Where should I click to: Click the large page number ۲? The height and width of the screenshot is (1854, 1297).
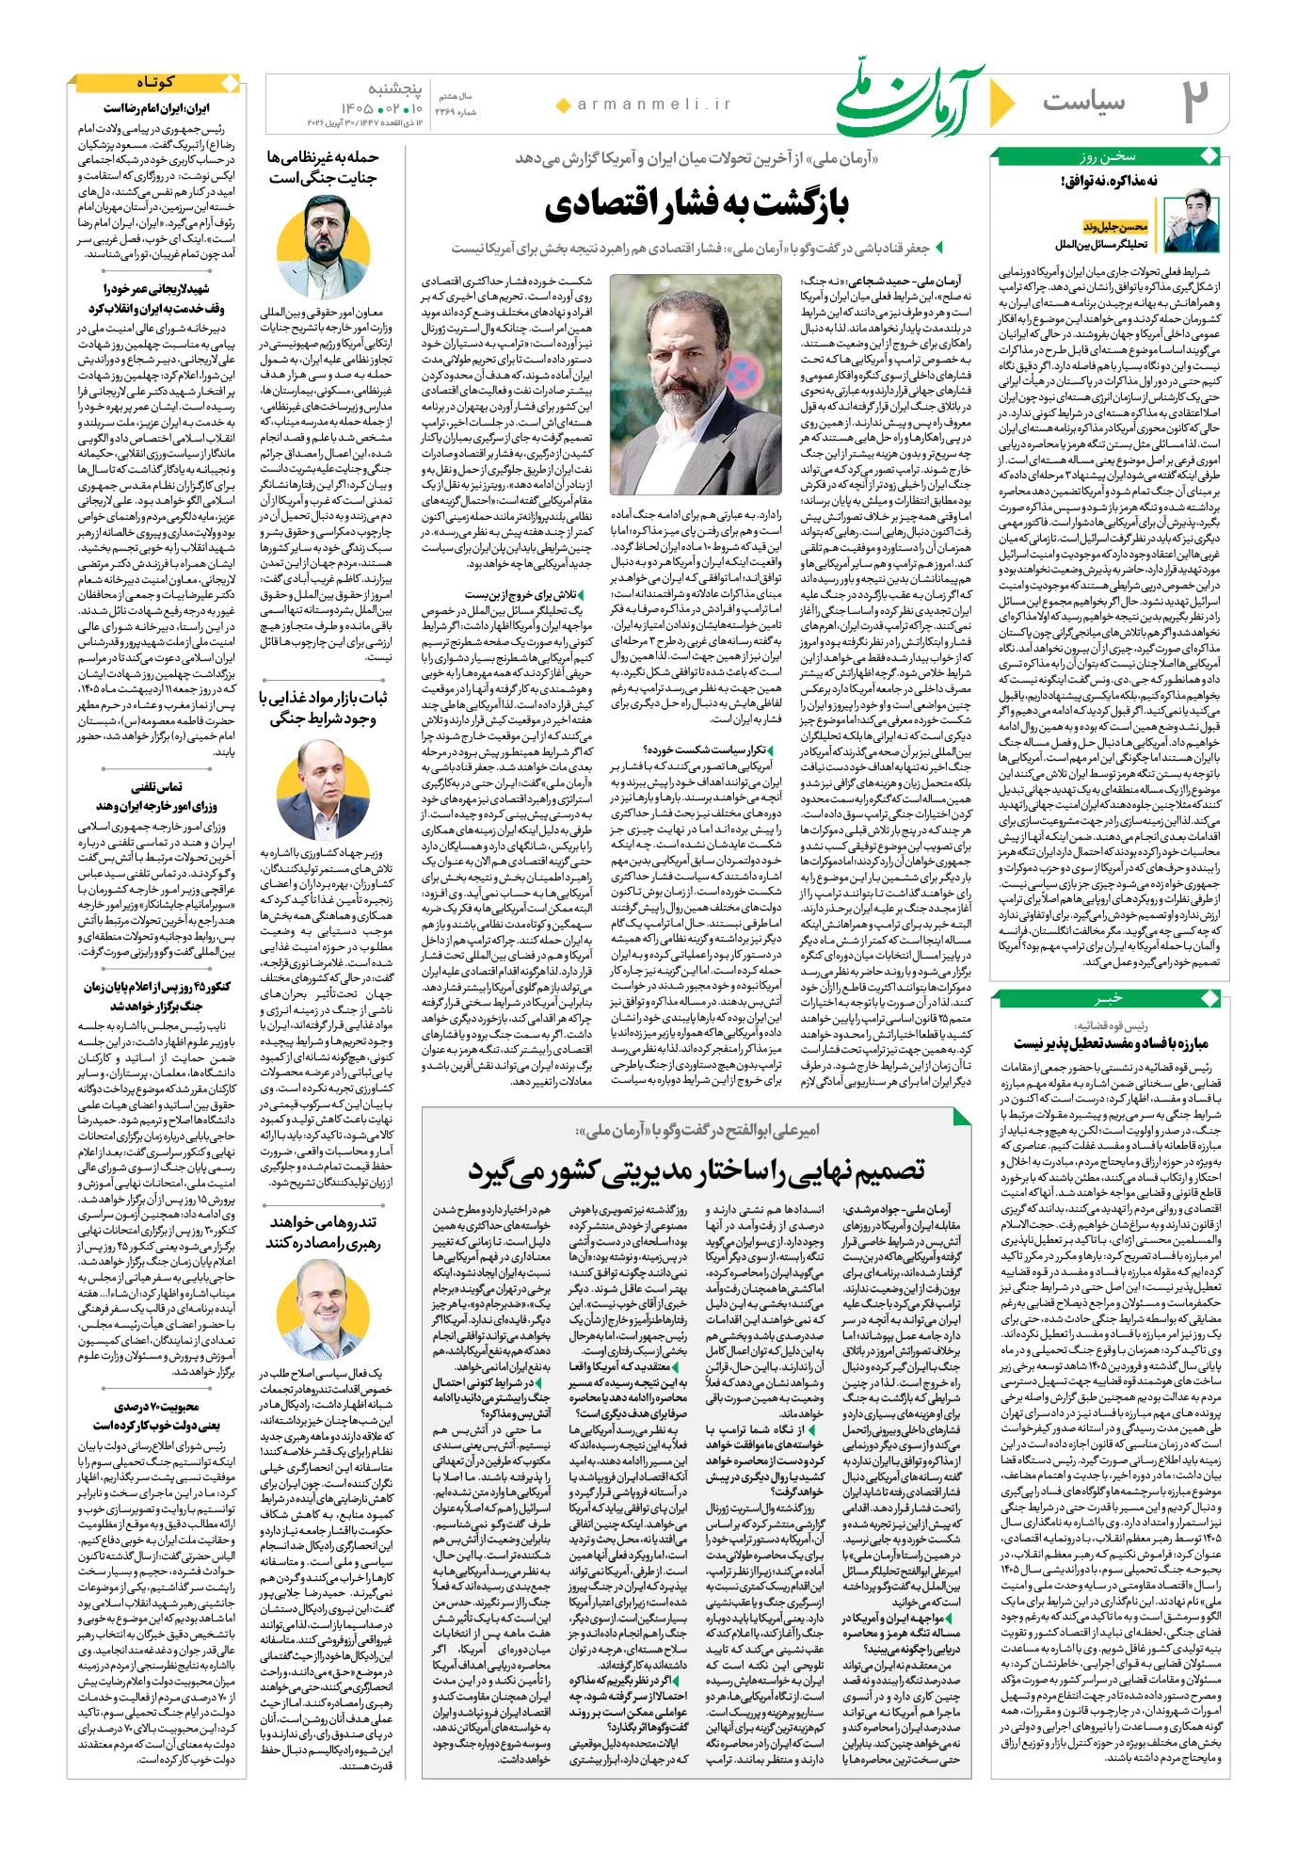point(1195,102)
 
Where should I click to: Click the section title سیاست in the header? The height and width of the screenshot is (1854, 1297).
point(1083,102)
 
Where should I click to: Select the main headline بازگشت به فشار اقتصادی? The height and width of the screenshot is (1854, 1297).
point(696,203)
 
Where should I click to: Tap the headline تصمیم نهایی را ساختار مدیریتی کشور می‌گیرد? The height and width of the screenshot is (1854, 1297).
point(696,1169)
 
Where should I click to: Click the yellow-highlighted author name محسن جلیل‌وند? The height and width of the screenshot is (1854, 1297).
point(1115,227)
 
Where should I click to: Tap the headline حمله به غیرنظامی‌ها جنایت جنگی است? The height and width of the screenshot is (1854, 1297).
point(322,167)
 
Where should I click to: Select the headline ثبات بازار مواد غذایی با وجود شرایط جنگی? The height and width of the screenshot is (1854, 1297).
point(322,707)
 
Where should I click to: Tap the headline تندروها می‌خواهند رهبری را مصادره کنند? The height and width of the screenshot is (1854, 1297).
point(322,1232)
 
